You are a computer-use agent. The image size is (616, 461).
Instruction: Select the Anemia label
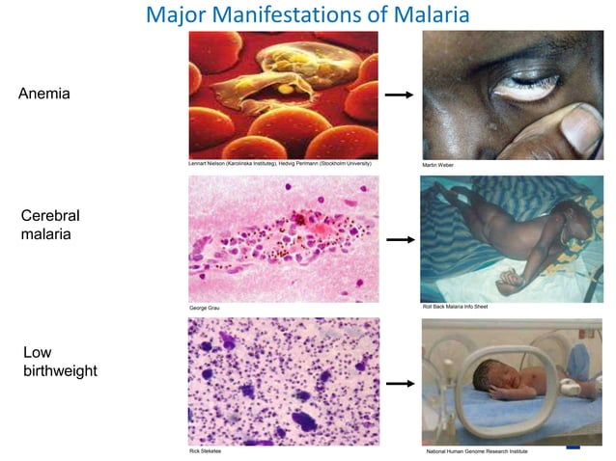click(x=44, y=95)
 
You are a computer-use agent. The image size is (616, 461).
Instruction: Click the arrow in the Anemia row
click(x=398, y=95)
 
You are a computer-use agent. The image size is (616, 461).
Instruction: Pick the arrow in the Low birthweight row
click(x=398, y=383)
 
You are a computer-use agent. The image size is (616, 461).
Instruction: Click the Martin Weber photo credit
click(x=437, y=166)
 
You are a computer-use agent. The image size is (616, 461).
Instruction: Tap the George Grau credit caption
click(x=206, y=308)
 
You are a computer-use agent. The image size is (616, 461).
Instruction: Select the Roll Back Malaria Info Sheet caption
click(x=455, y=307)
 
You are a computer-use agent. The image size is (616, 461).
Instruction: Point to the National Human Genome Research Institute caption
click(x=476, y=450)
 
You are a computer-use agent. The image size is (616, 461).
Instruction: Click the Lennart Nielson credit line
click(x=279, y=165)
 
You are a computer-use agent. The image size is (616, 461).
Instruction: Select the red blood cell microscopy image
click(x=283, y=95)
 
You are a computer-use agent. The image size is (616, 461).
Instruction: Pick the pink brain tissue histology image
click(x=283, y=238)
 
